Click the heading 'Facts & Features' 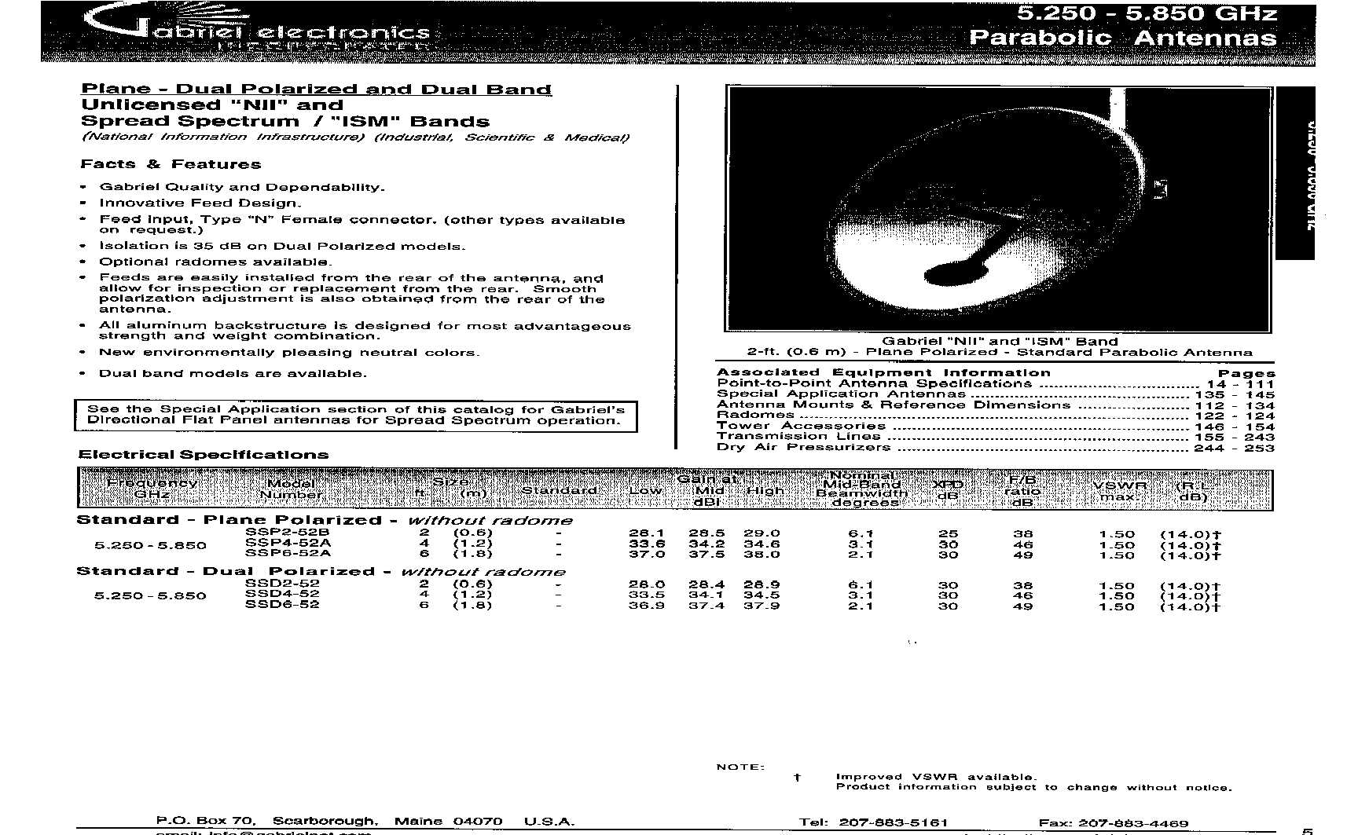[171, 164]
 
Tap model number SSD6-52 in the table [282, 605]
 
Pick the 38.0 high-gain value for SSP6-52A [762, 554]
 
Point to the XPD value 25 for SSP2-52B [948, 533]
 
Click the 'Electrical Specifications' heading [204, 455]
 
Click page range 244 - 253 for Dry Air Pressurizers [1233, 448]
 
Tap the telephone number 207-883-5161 [894, 822]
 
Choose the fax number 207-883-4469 [1133, 823]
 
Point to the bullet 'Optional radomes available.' [215, 262]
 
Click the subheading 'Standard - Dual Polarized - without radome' [321, 571]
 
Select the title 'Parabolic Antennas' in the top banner [1122, 38]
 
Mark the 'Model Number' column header [291, 489]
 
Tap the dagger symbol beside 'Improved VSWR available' [797, 777]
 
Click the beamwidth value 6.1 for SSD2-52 [861, 585]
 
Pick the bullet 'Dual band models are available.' [233, 374]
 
